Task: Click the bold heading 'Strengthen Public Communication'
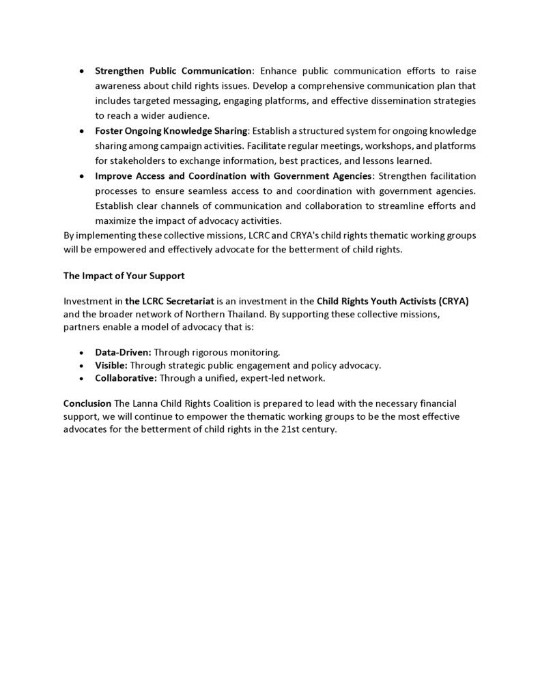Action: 173,71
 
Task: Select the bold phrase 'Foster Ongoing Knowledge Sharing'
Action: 171,131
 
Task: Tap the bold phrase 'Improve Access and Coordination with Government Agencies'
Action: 233,176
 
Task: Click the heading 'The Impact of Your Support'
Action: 124,276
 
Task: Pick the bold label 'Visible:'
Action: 111,365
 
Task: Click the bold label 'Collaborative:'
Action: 126,377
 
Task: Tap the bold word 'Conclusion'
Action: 87,403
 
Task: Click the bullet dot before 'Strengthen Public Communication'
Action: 82,71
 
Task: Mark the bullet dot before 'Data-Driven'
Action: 82,352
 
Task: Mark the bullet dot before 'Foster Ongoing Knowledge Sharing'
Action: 82,131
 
